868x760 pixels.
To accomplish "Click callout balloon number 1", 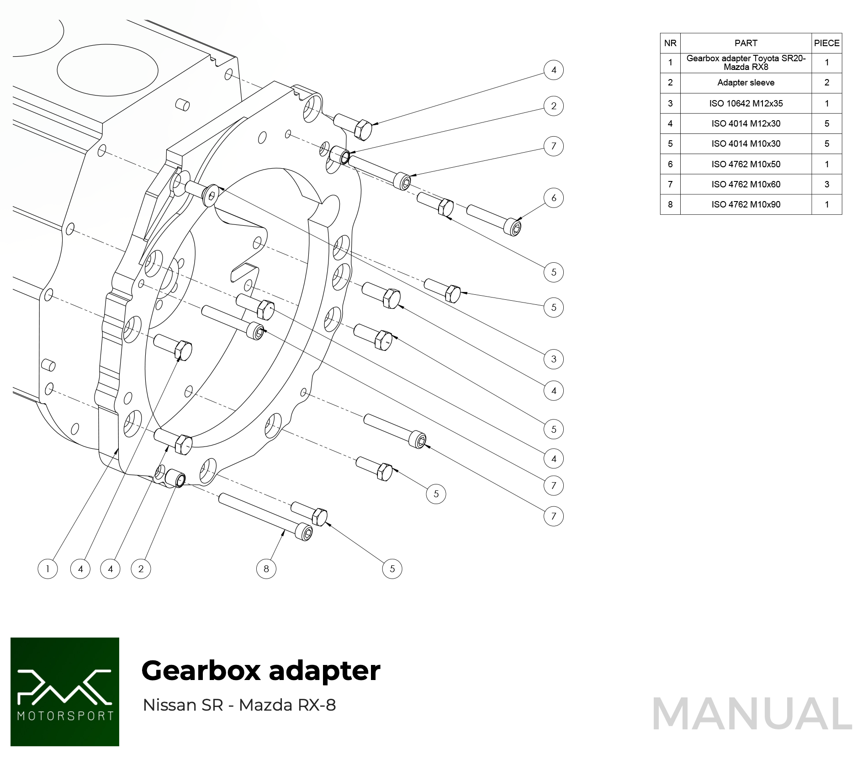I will point(48,569).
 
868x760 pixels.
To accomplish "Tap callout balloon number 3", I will point(553,359).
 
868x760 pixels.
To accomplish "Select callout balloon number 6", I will point(553,198).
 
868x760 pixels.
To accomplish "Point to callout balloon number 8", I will point(266,569).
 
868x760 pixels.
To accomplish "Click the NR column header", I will point(670,43).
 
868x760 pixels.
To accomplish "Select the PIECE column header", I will point(826,43).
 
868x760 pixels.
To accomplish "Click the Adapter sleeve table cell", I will point(746,83).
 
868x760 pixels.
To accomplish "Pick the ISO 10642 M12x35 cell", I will point(746,103).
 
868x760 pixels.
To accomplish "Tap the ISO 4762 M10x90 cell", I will point(746,204).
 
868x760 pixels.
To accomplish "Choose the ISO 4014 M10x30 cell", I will point(746,143).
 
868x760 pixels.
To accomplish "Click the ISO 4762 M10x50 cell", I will point(746,164).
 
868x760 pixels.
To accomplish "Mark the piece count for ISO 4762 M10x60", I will point(826,184).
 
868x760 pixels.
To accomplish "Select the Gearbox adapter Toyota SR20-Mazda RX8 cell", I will point(746,63).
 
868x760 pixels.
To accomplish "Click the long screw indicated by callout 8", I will point(265,516).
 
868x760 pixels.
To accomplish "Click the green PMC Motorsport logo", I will point(65,691).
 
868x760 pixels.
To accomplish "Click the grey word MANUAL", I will point(752,714).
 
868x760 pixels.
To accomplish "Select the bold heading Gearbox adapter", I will point(261,671).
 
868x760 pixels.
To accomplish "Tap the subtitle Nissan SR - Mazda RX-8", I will point(239,705).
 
